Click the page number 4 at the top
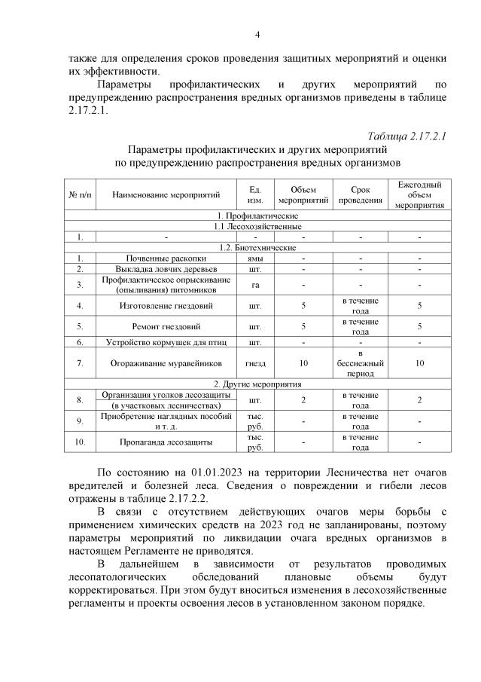point(257,35)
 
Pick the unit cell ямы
point(254,258)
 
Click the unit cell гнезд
point(254,363)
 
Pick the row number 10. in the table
point(80,442)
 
